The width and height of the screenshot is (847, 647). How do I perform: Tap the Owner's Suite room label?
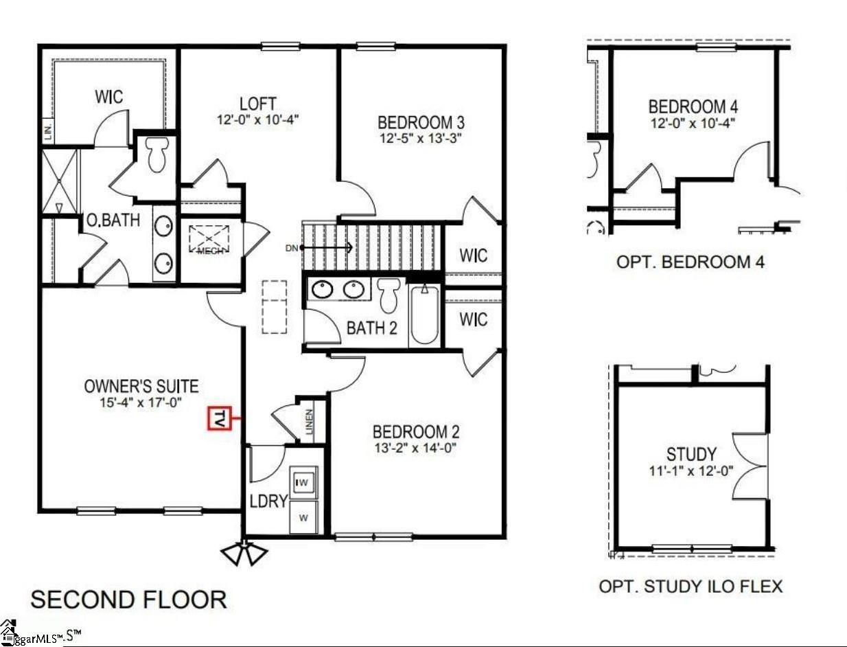click(x=141, y=385)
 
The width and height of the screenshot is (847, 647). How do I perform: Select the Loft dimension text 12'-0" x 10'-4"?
click(x=257, y=119)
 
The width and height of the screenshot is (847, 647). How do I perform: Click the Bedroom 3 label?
click(x=421, y=122)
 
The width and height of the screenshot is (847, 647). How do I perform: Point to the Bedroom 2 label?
click(x=416, y=432)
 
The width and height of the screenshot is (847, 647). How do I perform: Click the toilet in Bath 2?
click(x=389, y=295)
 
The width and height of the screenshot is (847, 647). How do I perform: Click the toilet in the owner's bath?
click(x=157, y=155)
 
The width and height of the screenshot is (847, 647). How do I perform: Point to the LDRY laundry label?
click(x=268, y=501)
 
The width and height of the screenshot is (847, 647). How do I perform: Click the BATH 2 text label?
click(x=371, y=328)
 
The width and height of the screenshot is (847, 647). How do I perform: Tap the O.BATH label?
click(x=113, y=220)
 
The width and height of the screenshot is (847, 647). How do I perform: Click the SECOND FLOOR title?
click(x=129, y=599)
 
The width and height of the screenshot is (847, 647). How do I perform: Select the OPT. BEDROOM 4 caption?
click(x=691, y=262)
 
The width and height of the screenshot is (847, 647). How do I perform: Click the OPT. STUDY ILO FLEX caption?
click(x=691, y=586)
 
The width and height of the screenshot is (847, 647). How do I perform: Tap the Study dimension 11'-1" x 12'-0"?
click(x=691, y=471)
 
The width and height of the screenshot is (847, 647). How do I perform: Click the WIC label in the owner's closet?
click(x=109, y=97)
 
